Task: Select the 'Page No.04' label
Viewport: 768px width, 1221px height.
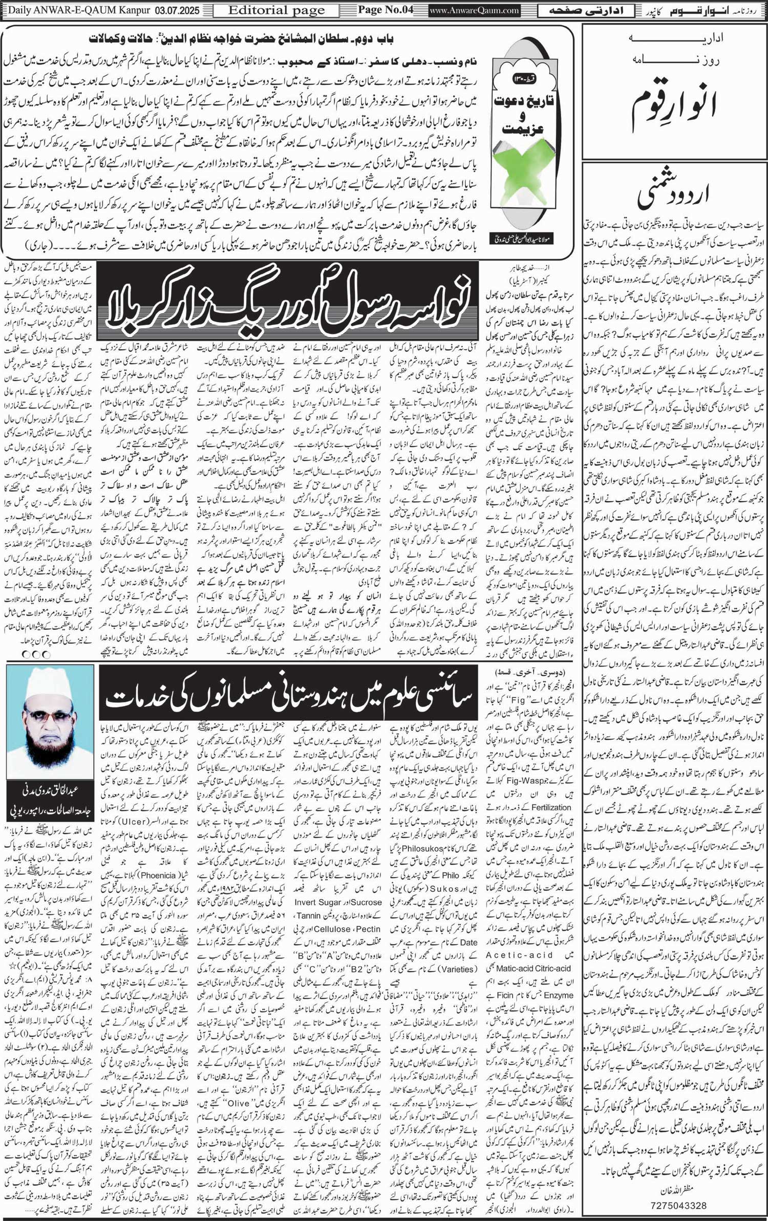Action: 386,10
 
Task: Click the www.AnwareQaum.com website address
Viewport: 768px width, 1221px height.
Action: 475,10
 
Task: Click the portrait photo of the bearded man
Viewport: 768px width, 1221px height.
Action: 50,722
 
